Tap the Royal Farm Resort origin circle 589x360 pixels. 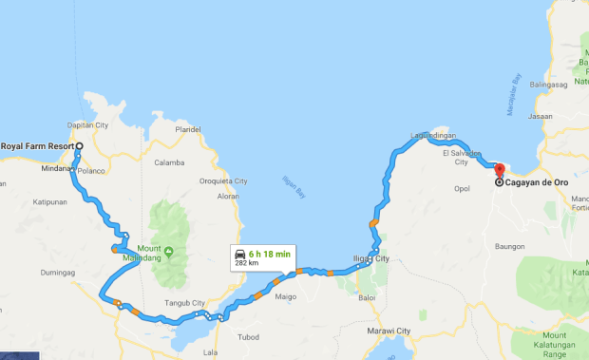80,146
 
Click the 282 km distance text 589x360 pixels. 248,264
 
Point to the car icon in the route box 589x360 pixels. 240,254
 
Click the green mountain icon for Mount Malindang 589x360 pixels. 168,252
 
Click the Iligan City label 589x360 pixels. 370,258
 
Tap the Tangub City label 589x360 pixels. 185,303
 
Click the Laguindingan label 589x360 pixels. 433,137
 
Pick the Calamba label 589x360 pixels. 169,162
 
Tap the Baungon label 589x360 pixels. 510,247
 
